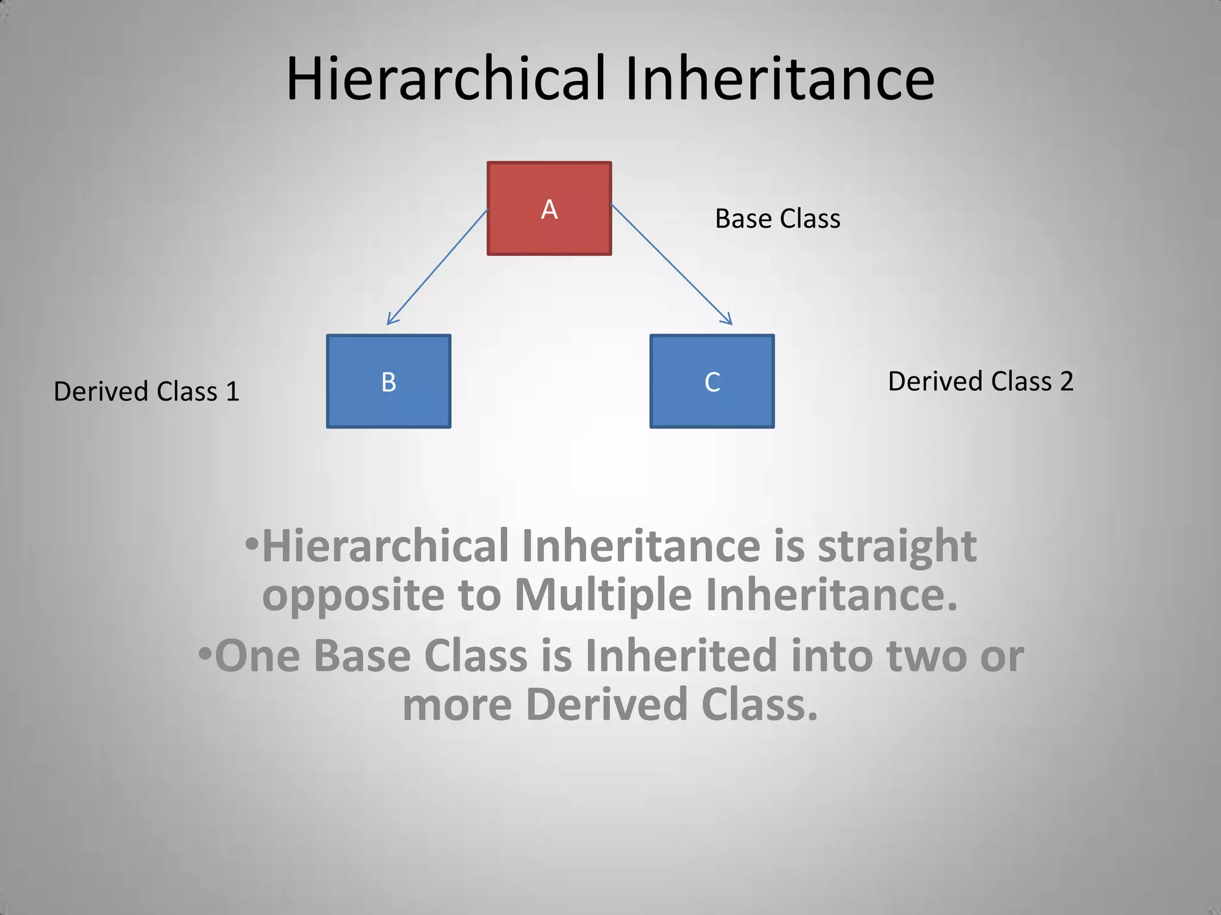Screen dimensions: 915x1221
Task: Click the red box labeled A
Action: pyautogui.click(x=549, y=208)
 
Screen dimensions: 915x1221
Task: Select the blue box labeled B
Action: pyautogui.click(x=388, y=381)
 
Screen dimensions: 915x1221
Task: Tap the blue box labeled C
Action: pyautogui.click(x=712, y=381)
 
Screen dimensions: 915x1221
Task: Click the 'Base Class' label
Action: pyautogui.click(x=777, y=219)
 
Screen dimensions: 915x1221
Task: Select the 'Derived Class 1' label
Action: pyautogui.click(x=146, y=391)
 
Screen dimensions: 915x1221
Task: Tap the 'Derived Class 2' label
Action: pyautogui.click(x=981, y=381)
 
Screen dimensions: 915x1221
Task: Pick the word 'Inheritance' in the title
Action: pyautogui.click(x=780, y=79)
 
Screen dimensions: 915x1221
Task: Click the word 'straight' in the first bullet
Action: pyautogui.click(x=897, y=546)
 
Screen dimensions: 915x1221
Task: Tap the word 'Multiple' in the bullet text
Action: pyautogui.click(x=603, y=595)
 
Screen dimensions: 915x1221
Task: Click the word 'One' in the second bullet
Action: pyautogui.click(x=257, y=656)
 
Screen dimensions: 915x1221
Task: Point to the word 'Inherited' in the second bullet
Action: pyautogui.click(x=681, y=656)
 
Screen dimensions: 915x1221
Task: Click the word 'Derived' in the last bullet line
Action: pyautogui.click(x=606, y=705)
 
